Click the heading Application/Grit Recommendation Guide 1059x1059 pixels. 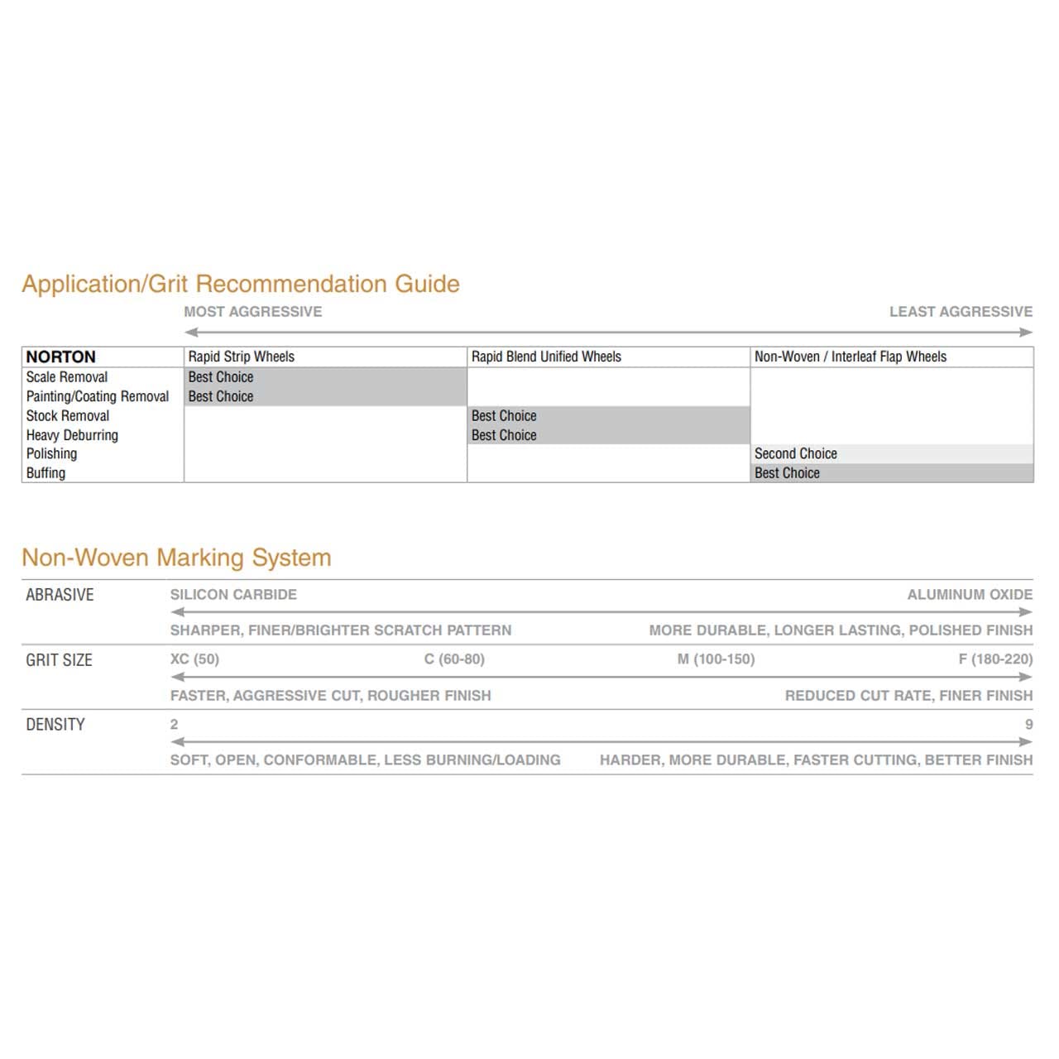coord(241,284)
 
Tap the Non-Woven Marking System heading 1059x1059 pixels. coord(176,558)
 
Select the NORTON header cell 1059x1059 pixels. coord(61,357)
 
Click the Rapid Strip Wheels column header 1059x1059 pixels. coord(242,357)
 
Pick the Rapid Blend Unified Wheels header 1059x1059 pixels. coord(546,357)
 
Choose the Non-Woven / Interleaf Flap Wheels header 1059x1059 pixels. coord(851,357)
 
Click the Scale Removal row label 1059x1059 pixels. coord(67,376)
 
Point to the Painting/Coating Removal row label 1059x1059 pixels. coord(98,396)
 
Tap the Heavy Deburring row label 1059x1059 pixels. coord(72,435)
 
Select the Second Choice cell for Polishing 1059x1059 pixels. coord(796,453)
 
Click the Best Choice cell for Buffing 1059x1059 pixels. coord(787,473)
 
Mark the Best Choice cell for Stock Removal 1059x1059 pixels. coord(504,416)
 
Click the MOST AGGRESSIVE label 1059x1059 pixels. coord(253,312)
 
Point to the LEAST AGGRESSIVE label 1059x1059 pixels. coord(961,312)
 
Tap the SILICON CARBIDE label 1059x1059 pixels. coord(233,595)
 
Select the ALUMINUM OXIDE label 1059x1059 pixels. coord(970,595)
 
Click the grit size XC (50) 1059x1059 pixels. coord(194,659)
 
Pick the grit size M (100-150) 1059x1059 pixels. coord(716,659)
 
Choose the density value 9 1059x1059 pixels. coord(1028,725)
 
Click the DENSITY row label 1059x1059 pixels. coord(55,725)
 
